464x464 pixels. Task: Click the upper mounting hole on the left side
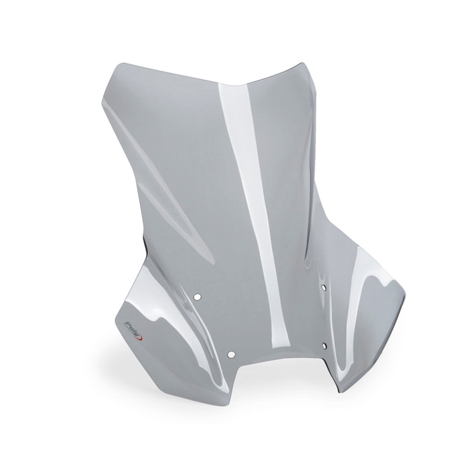point(197,296)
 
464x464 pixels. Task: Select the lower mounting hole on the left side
point(231,354)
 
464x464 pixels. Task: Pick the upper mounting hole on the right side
point(324,287)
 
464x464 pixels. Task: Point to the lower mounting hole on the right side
point(324,345)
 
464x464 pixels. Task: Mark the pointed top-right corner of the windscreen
point(302,63)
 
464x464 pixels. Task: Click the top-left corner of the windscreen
point(115,67)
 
